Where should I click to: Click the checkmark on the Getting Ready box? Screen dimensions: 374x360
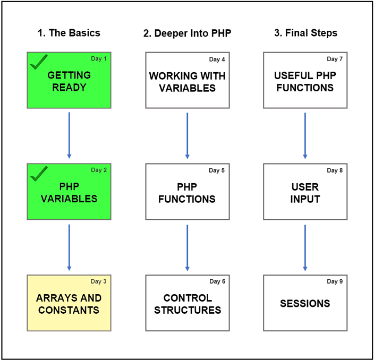pos(38,63)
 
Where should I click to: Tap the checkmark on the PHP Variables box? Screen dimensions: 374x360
pos(38,174)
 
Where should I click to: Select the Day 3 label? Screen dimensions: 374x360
pos(98,281)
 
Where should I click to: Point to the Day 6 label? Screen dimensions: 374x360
pos(217,281)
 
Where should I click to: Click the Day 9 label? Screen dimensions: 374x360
pos(335,281)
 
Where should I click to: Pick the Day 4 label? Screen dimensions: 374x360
pos(217,59)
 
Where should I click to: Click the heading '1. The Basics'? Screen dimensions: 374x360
pos(69,33)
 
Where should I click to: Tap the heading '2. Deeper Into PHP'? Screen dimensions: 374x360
pos(187,33)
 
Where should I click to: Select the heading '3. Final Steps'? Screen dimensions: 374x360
pos(306,33)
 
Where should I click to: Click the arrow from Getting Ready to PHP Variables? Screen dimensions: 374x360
pos(69,135)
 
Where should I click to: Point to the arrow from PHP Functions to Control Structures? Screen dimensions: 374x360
pos(187,248)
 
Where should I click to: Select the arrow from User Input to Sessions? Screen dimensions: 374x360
pos(305,248)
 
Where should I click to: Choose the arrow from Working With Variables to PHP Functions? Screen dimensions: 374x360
pos(187,135)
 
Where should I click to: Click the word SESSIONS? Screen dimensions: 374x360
pos(305,304)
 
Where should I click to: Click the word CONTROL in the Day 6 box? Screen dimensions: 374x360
pos(188,298)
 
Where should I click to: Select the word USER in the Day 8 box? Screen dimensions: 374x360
pos(305,187)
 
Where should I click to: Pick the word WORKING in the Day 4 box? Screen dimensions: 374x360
pos(170,76)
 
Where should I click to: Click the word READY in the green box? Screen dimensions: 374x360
pos(69,88)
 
